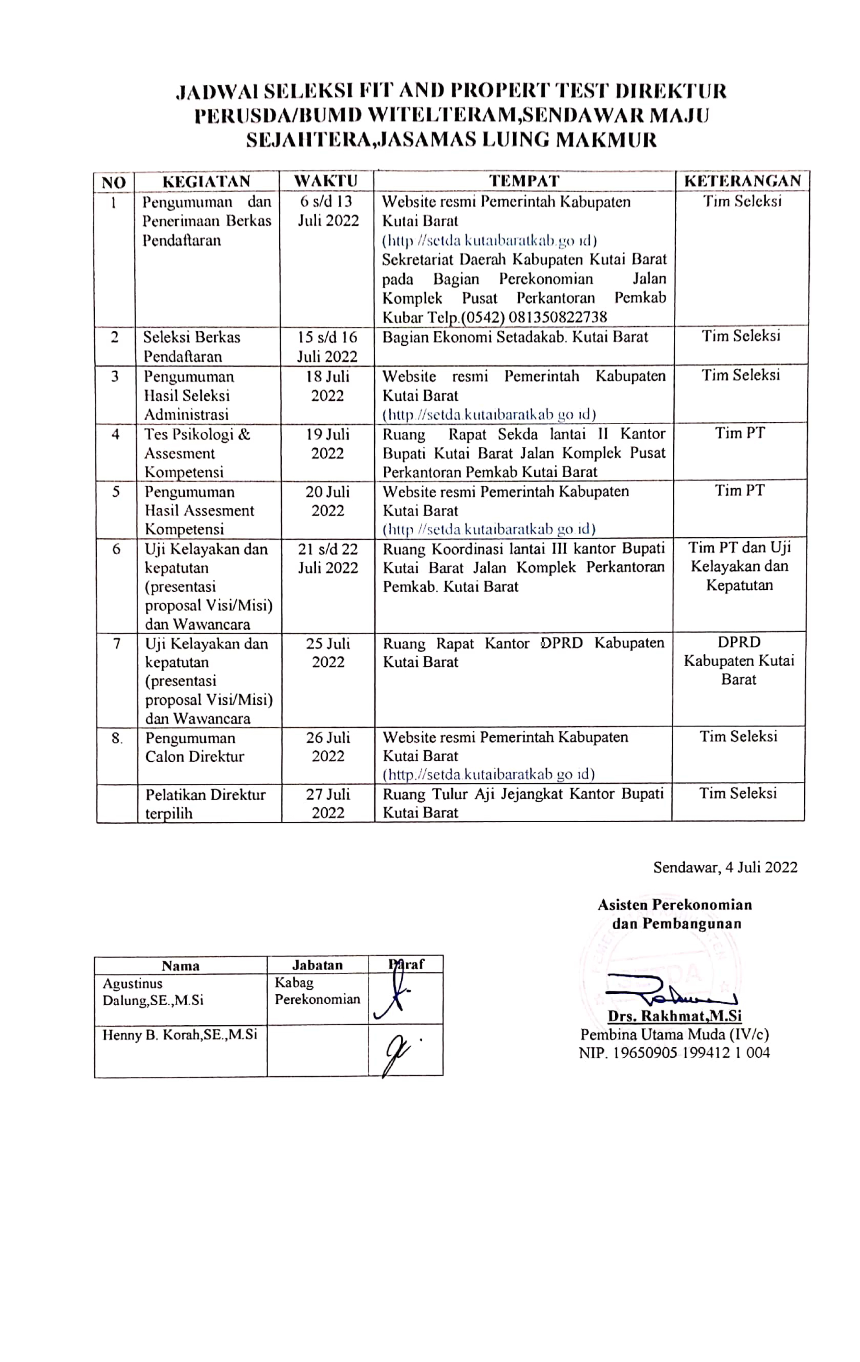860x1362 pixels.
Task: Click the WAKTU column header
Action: [x=326, y=181]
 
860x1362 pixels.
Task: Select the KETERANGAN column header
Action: [x=742, y=181]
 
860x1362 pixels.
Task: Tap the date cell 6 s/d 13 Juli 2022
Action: [x=327, y=211]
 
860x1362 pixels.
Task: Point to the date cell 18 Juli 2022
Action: [x=328, y=386]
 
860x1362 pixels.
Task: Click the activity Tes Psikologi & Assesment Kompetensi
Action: [x=197, y=453]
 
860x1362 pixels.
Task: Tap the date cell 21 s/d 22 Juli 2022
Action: [x=328, y=558]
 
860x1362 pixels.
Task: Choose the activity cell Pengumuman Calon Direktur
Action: [x=194, y=747]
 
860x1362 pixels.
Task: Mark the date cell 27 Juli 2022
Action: [x=328, y=803]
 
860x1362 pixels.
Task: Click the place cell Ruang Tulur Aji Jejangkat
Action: [x=523, y=803]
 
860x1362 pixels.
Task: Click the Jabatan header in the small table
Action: [x=317, y=965]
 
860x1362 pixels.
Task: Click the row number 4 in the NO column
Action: [x=116, y=434]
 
